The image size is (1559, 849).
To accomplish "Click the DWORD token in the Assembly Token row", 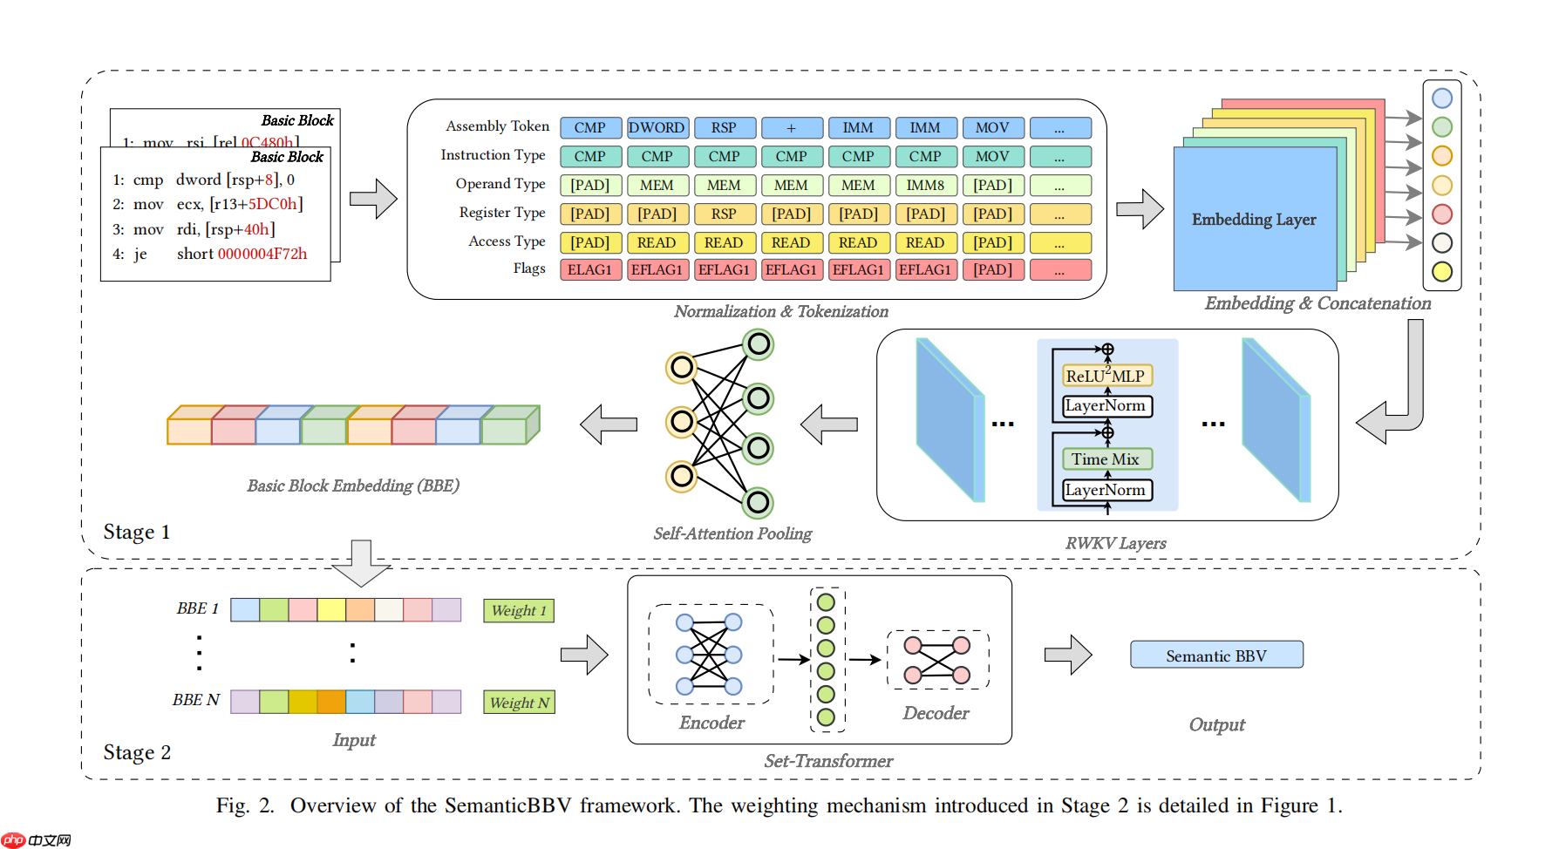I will (657, 127).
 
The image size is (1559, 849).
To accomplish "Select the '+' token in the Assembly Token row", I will (791, 127).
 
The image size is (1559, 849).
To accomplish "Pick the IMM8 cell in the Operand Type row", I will (925, 185).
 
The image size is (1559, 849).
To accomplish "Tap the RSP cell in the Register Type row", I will (724, 214).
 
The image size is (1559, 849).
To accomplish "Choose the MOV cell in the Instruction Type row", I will (992, 156).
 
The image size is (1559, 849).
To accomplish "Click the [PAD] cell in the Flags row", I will (992, 269).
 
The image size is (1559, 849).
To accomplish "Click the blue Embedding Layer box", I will (1254, 220).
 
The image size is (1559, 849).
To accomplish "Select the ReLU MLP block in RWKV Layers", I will (1106, 376).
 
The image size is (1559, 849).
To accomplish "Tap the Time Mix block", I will (1106, 458).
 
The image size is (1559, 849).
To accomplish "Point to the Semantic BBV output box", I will (1216, 655).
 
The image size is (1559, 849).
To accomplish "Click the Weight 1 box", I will (519, 610).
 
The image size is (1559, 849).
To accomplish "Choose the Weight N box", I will (519, 703).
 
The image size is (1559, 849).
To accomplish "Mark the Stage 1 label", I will (137, 532).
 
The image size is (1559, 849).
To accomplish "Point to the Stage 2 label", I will (137, 752).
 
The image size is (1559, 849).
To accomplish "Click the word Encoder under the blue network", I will (711, 723).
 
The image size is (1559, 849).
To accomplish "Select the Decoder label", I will (936, 713).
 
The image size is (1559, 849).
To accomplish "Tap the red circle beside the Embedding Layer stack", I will (1442, 214).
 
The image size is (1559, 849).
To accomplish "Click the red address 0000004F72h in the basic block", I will (262, 254).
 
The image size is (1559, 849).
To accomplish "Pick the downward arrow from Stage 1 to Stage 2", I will (361, 563).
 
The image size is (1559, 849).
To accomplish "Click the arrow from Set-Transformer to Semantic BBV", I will (1068, 655).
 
